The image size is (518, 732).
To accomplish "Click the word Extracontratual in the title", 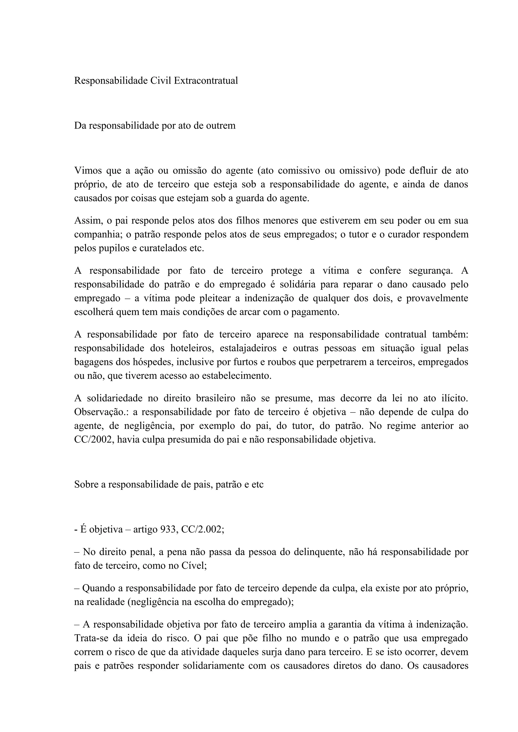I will point(206,81).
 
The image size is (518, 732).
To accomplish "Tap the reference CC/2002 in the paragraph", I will point(93,440).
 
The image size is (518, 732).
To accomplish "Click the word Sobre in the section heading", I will point(86,485).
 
